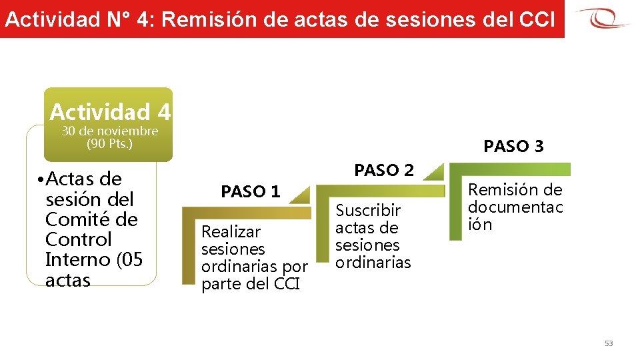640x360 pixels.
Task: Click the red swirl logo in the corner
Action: (x=603, y=18)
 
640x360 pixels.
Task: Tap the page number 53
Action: (x=608, y=343)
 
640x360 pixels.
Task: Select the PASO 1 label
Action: (x=251, y=192)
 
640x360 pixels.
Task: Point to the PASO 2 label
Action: (x=384, y=170)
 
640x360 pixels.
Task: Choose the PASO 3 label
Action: (x=513, y=146)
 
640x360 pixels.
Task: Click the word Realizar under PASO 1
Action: (x=231, y=232)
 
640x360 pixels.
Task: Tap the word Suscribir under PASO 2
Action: (x=368, y=211)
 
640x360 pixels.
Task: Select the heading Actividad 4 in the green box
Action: (x=110, y=111)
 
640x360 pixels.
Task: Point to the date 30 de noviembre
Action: (x=110, y=131)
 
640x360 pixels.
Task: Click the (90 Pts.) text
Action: (x=110, y=143)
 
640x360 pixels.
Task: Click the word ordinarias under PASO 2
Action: (x=373, y=262)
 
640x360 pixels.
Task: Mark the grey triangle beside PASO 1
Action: (x=301, y=194)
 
